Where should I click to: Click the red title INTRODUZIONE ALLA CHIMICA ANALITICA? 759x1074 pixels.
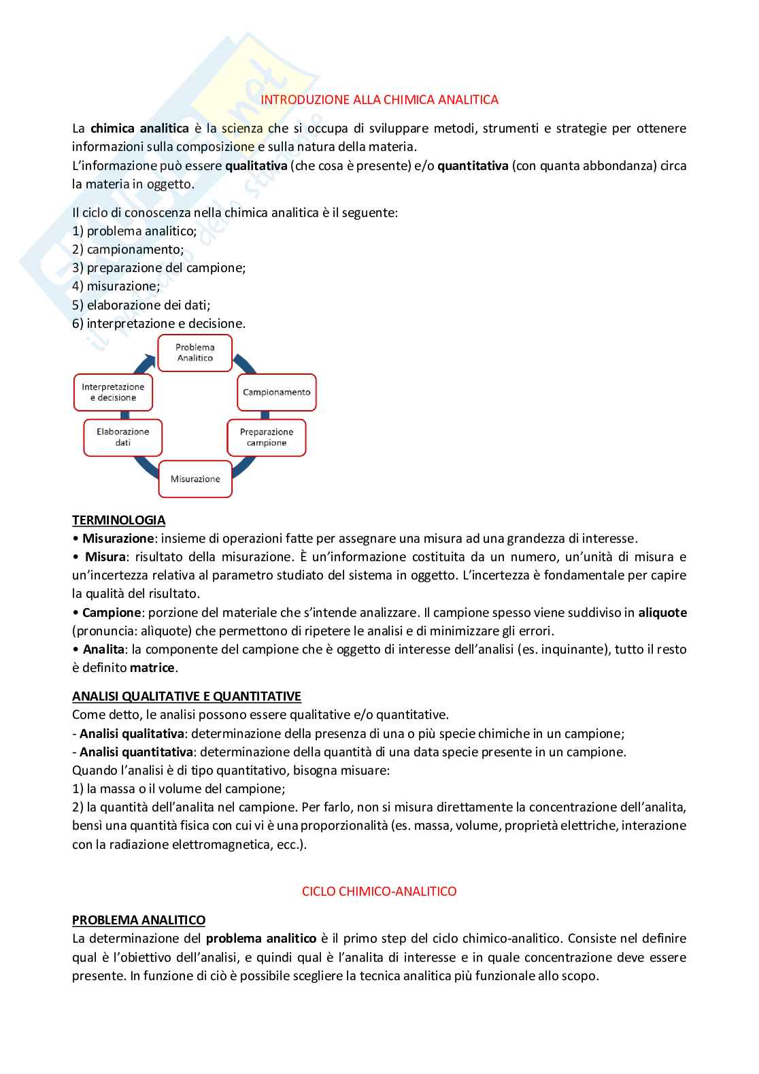379,100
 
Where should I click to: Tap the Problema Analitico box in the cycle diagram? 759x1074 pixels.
195,353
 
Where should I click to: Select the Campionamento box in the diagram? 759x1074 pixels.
277,392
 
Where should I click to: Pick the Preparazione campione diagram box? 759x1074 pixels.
267,437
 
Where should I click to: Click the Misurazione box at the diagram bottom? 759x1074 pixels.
195,479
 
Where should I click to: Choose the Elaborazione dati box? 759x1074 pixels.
123,437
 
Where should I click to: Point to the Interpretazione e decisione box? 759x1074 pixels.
114,392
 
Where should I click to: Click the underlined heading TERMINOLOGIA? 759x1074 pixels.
119,520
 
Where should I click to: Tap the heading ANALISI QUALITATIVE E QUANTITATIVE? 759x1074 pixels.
186,697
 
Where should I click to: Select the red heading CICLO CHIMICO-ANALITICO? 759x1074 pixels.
379,892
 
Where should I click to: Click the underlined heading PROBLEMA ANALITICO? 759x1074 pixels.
139,920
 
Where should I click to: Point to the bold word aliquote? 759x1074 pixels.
662,613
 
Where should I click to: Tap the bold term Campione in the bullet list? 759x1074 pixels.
112,613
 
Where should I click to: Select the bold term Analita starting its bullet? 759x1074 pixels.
103,650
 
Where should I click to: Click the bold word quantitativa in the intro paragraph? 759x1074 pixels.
473,166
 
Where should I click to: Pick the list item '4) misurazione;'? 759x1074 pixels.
116,286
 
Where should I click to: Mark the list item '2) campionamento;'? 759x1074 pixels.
128,250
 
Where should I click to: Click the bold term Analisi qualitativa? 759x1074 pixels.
132,734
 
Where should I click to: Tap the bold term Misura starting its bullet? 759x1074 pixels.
105,557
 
